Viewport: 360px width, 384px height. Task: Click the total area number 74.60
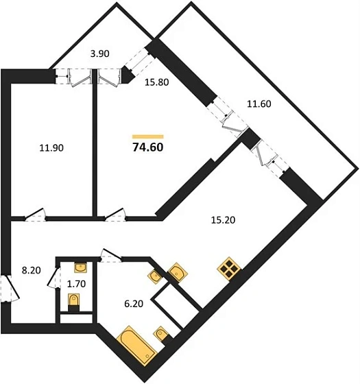click(x=148, y=147)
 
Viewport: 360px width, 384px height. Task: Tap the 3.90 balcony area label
click(x=99, y=53)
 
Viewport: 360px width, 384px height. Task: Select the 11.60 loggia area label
click(x=259, y=104)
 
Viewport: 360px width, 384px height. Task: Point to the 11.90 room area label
click(x=51, y=148)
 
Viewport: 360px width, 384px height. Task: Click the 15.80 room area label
click(x=157, y=82)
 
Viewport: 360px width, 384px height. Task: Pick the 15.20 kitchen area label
click(x=223, y=220)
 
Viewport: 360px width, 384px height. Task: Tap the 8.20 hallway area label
click(x=32, y=270)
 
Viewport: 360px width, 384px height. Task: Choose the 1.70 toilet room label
click(x=76, y=284)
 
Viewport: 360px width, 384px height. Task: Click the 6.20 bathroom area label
click(x=134, y=304)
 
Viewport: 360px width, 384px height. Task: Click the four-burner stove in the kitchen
click(x=229, y=269)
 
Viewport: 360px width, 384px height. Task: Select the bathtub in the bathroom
click(x=136, y=346)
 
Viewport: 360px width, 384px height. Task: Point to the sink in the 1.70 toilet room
click(x=80, y=267)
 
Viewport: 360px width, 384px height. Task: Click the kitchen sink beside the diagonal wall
click(x=178, y=273)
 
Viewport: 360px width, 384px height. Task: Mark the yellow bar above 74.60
click(x=148, y=136)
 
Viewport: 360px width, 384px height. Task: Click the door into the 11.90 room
click(x=35, y=215)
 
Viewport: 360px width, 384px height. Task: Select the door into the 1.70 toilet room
click(x=53, y=278)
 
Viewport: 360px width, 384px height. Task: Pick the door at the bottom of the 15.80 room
click(x=115, y=215)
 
